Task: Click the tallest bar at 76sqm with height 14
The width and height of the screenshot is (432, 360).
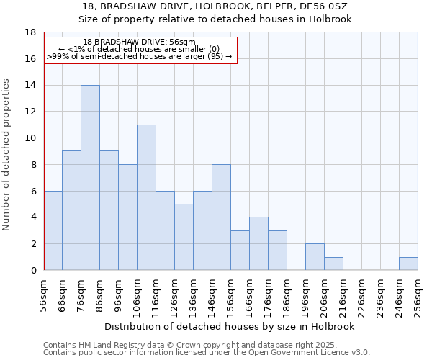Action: point(90,178)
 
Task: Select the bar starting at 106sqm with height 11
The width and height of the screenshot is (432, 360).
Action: point(146,197)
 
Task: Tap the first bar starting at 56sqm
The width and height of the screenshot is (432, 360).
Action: point(53,230)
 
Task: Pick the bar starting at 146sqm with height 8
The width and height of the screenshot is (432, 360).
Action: point(221,217)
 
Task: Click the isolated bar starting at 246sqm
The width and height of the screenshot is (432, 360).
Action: point(408,264)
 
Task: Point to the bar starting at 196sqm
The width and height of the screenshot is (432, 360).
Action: point(315,257)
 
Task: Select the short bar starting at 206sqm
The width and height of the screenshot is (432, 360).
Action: point(333,264)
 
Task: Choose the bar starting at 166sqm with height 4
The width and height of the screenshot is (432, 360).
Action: point(258,243)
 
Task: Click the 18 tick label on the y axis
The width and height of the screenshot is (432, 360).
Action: point(30,32)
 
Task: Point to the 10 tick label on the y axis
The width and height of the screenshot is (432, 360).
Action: point(30,138)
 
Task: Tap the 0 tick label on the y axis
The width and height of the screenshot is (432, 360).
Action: point(33,270)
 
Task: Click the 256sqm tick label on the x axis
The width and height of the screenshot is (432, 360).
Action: point(418,295)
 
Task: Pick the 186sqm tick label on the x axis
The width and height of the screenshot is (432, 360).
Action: point(287,295)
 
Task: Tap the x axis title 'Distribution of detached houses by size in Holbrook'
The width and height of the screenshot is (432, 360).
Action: point(230,326)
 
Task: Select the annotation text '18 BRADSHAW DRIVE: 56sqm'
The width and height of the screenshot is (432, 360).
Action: point(139,42)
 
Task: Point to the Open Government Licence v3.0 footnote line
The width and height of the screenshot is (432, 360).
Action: point(207,352)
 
